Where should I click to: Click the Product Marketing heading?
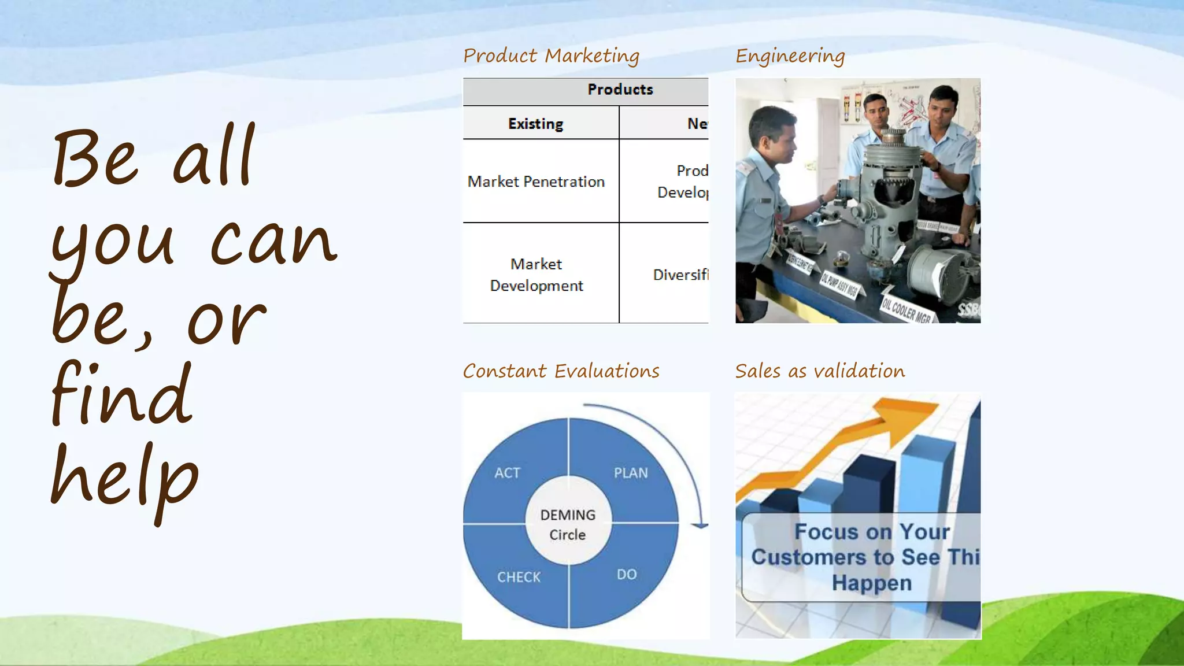(x=551, y=56)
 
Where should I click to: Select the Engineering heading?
(x=790, y=56)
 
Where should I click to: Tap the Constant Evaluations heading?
(x=561, y=371)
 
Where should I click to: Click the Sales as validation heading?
(x=820, y=371)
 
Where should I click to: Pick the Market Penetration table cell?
(x=536, y=182)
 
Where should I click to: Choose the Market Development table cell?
(x=536, y=275)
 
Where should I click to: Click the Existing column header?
(x=535, y=124)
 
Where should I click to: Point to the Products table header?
(x=620, y=90)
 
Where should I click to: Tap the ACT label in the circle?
(x=507, y=473)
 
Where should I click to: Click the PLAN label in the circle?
(x=631, y=473)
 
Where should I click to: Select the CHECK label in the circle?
(x=519, y=577)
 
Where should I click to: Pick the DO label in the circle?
(x=627, y=574)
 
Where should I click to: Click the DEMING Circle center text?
(x=568, y=524)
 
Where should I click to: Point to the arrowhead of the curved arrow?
(x=700, y=525)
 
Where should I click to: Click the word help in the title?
(x=124, y=480)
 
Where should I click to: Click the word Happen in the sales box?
(x=872, y=583)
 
